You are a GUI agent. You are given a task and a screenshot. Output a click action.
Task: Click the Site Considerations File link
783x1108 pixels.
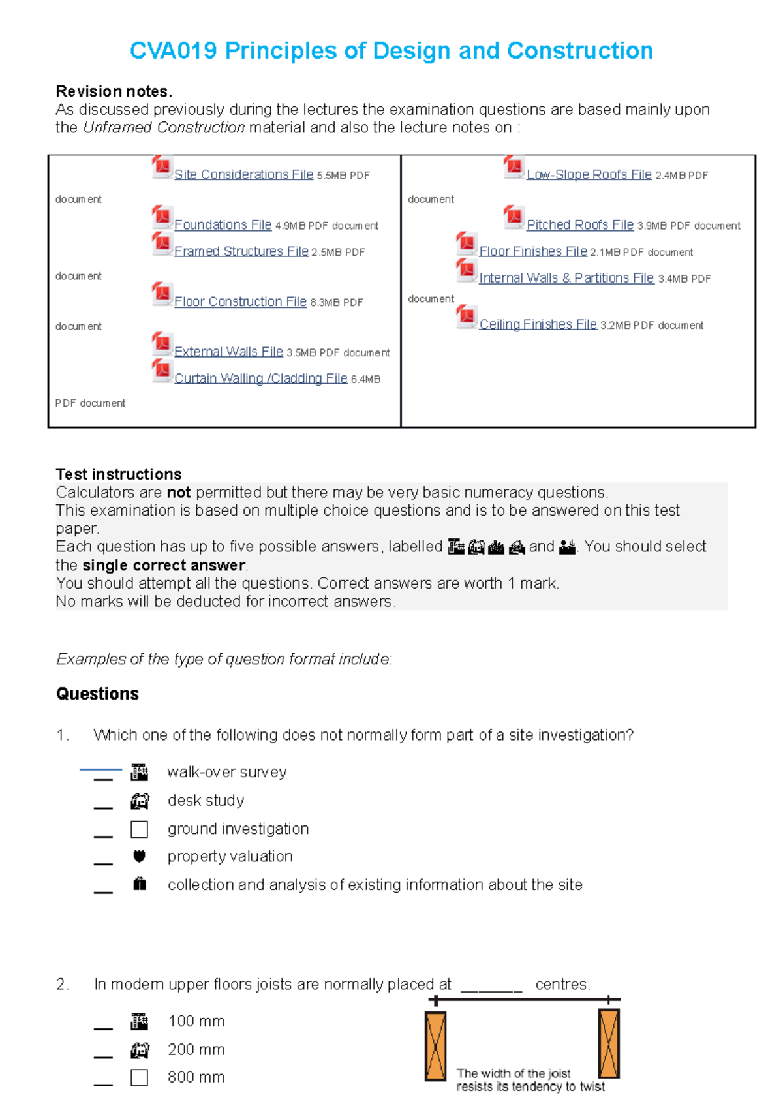pyautogui.click(x=243, y=174)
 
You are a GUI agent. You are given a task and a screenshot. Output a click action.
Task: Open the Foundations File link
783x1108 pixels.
pyautogui.click(x=223, y=224)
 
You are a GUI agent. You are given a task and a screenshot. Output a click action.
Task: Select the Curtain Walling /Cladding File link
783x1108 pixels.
pyautogui.click(x=260, y=378)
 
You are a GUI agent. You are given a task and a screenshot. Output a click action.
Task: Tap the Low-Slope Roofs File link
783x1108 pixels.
pyautogui.click(x=589, y=174)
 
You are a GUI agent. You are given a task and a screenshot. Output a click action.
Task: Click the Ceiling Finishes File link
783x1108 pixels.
pyautogui.click(x=538, y=324)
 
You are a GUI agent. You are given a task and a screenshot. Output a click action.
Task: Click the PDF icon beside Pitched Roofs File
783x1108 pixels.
pyautogui.click(x=514, y=217)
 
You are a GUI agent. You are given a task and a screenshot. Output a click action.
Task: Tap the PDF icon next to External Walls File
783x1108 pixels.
pyautogui.click(x=161, y=343)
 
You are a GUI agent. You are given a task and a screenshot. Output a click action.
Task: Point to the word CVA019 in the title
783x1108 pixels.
pyautogui.click(x=173, y=51)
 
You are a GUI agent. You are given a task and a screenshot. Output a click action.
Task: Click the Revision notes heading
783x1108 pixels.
pyautogui.click(x=114, y=91)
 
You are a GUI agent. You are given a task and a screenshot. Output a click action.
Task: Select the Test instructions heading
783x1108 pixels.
pyautogui.click(x=119, y=474)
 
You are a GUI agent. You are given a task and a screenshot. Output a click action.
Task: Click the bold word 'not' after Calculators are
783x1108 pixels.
pyautogui.click(x=178, y=493)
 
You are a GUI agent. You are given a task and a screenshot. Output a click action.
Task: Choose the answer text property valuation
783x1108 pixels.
pyautogui.click(x=230, y=856)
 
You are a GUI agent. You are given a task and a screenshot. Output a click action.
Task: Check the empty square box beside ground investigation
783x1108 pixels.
pyautogui.click(x=139, y=829)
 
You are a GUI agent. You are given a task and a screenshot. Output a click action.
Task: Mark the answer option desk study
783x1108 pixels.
pyautogui.click(x=206, y=800)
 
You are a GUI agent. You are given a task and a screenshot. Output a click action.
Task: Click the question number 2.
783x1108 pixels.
pyautogui.click(x=61, y=984)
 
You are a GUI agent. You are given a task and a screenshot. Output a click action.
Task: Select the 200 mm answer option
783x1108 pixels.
pyautogui.click(x=196, y=1049)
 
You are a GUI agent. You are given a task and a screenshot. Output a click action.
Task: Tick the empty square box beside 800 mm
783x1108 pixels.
pyautogui.click(x=139, y=1077)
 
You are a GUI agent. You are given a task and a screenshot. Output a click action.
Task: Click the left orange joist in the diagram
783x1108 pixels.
pyautogui.click(x=435, y=1046)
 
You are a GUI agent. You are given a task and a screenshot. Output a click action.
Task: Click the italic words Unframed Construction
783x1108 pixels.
pyautogui.click(x=164, y=128)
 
